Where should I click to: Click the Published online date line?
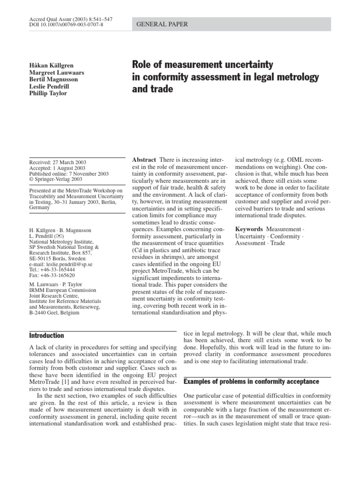(x=68, y=173)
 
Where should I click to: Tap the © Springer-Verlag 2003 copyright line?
(x=55, y=180)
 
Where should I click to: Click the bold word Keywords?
(x=249, y=229)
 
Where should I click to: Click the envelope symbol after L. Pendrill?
(x=65, y=237)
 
